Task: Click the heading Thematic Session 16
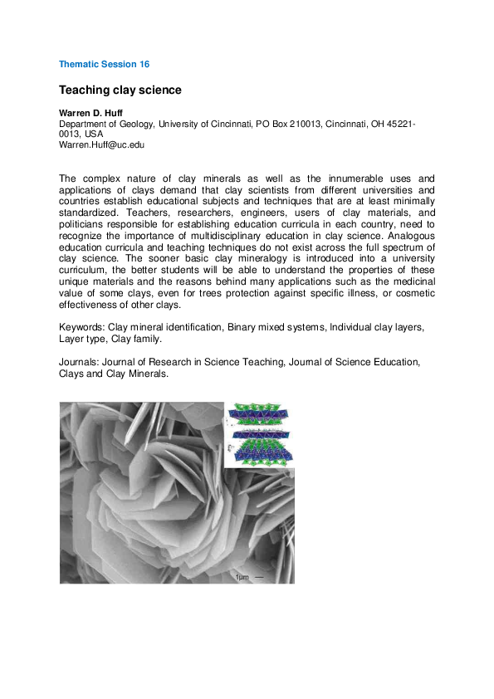tap(104, 64)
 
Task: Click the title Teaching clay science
tap(120, 89)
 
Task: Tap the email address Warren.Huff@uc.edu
tap(101, 144)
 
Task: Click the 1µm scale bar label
tap(242, 576)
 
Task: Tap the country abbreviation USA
tap(94, 134)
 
